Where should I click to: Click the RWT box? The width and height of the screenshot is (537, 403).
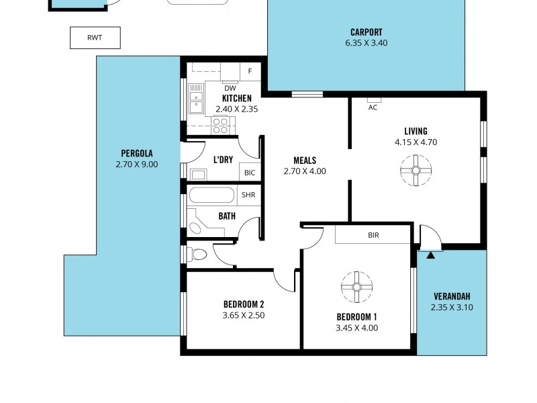[x=95, y=38]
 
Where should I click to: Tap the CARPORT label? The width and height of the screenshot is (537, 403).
[x=366, y=32]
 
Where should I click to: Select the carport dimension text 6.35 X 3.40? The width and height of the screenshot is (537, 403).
[x=366, y=43]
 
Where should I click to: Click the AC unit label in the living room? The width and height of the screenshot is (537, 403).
[x=373, y=107]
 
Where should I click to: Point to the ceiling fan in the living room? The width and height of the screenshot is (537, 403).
[x=416, y=171]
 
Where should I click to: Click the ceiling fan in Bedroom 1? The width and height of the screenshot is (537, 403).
[x=356, y=287]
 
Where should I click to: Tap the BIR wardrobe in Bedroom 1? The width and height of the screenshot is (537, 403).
[x=373, y=235]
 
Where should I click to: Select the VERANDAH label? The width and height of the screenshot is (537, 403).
[x=450, y=296]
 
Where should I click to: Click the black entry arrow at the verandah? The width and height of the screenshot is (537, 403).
[x=430, y=255]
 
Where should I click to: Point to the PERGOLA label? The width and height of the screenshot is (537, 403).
[x=136, y=152]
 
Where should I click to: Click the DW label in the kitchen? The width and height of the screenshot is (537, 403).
[x=230, y=88]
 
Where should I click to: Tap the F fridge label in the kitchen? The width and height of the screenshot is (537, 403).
[x=250, y=71]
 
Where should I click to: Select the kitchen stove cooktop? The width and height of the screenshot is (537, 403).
[x=221, y=124]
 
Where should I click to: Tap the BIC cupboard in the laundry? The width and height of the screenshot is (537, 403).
[x=250, y=173]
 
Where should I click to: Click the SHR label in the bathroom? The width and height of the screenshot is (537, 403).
[x=249, y=195]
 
